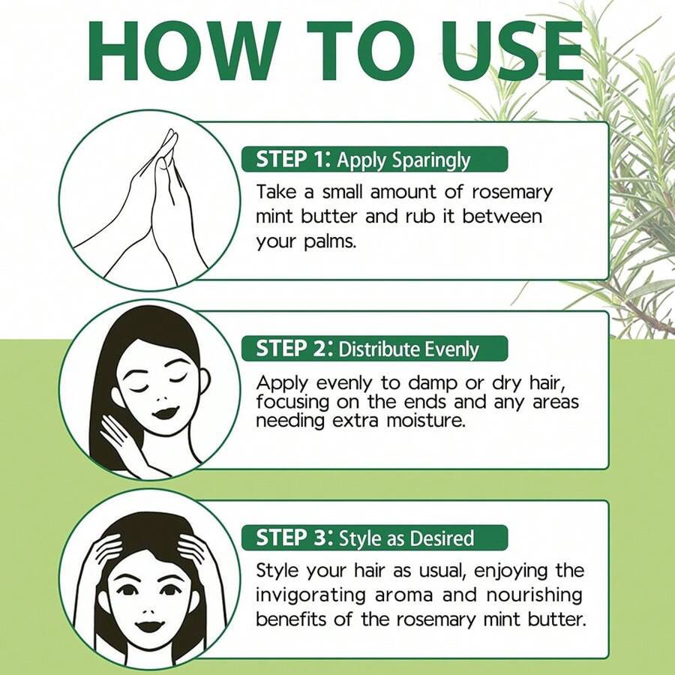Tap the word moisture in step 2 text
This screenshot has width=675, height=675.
pos(424,421)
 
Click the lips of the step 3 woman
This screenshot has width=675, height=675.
pos(153,625)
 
